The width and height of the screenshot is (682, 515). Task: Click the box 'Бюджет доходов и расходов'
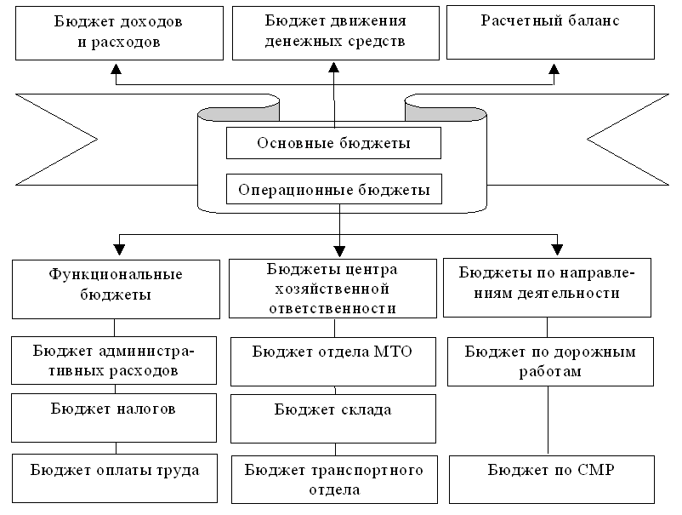point(119,33)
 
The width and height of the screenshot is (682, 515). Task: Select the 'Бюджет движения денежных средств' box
point(336,33)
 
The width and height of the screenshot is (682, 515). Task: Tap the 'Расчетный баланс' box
point(551,32)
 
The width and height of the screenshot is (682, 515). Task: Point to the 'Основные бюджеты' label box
point(333,143)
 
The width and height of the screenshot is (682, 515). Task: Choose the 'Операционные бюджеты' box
point(334,189)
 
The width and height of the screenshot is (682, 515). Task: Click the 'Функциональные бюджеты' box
point(117,289)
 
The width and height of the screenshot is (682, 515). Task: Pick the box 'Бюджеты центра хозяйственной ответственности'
point(332,289)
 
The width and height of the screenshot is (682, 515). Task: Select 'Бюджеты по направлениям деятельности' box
point(547,288)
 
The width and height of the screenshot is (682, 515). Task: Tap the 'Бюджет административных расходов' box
point(114,360)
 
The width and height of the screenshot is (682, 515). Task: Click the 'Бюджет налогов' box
point(114,418)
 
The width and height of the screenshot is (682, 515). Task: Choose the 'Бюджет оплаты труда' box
point(115,478)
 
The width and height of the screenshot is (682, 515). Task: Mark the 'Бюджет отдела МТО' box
point(333,362)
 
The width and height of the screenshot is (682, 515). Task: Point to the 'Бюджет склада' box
point(333,419)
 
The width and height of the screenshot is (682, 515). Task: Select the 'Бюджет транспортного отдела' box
point(334,480)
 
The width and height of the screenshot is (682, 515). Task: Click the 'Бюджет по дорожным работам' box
point(551,362)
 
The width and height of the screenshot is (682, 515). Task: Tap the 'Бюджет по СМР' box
point(552,480)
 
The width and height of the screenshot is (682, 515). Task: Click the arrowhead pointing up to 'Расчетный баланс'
point(554,69)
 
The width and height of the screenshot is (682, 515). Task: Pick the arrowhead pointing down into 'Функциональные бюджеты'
point(119,249)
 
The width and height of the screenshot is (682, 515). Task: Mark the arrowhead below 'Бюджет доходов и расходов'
point(117,69)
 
